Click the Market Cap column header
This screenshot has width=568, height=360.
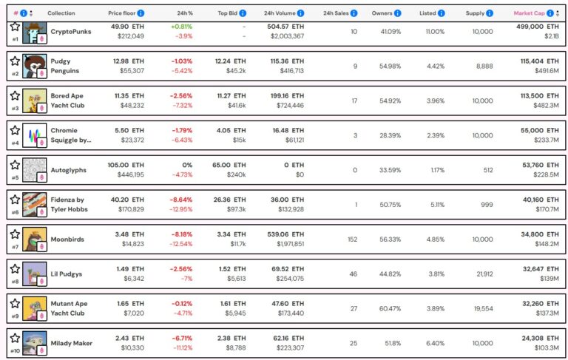coord(532,13)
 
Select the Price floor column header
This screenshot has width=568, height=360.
coord(122,13)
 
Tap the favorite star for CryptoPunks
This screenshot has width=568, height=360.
coord(14,27)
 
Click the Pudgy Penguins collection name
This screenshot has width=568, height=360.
coord(65,66)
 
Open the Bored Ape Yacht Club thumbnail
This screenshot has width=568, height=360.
coord(34,101)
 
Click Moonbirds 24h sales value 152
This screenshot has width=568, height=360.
coord(352,239)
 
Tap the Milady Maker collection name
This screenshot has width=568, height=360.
coord(72,343)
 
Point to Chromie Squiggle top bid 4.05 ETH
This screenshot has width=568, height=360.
coord(231,130)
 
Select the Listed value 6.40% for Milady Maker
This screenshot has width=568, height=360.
coord(434,343)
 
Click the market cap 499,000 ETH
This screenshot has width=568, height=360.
coord(538,26)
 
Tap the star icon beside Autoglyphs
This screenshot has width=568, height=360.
coord(14,163)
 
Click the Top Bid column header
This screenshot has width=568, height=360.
coord(232,13)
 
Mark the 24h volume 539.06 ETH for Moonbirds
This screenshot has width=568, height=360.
coord(284,234)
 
